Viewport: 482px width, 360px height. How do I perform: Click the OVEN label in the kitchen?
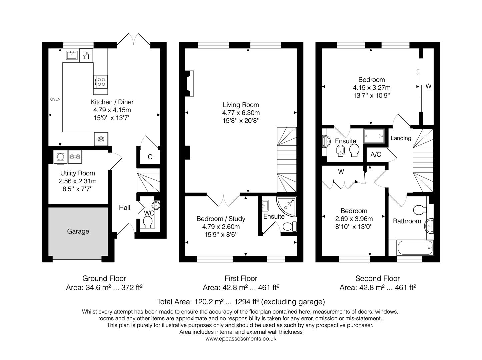(x=55, y=99)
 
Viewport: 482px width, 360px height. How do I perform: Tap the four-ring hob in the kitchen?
(x=101, y=81)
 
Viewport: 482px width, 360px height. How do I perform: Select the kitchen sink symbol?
(x=71, y=55)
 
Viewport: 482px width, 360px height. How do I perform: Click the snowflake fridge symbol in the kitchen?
(x=101, y=140)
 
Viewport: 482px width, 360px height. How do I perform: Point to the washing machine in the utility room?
(x=61, y=157)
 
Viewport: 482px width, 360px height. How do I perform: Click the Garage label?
(x=78, y=231)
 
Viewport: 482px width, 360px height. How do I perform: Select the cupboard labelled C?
(x=150, y=157)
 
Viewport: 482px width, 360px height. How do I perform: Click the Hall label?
(x=125, y=207)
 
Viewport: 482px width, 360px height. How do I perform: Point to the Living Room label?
(x=241, y=105)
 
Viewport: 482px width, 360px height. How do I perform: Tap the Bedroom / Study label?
(x=221, y=219)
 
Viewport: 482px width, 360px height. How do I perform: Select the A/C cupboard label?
(x=376, y=155)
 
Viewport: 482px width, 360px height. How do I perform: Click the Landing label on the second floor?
(x=401, y=138)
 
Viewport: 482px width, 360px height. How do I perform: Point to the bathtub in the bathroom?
(x=415, y=248)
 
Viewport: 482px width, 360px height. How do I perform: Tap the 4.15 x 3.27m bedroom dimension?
(x=372, y=88)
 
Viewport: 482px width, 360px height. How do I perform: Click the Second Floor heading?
(x=377, y=278)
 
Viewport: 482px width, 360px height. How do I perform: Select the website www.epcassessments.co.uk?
(x=241, y=339)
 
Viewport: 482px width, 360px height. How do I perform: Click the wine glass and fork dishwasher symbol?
(x=86, y=55)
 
